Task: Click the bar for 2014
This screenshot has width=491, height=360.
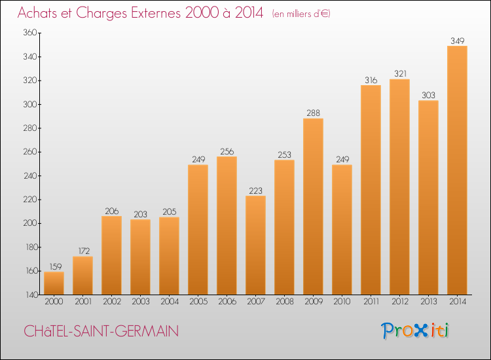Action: (457, 170)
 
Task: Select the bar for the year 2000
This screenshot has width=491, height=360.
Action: (54, 283)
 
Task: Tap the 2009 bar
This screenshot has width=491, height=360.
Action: (313, 206)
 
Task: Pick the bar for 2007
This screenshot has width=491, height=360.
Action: (255, 245)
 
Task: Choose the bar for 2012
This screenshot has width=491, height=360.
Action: (399, 187)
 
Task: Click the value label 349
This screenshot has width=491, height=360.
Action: (457, 41)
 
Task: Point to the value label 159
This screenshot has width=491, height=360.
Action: (54, 266)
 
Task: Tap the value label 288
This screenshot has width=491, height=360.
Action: (313, 113)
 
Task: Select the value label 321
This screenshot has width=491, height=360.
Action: (399, 74)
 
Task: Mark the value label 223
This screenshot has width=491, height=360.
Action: (255, 190)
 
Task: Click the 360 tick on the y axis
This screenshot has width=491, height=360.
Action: (28, 33)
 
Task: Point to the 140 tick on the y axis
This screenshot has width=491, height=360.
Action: (28, 295)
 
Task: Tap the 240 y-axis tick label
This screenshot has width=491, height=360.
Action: (28, 152)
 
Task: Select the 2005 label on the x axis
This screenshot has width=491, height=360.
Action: (198, 302)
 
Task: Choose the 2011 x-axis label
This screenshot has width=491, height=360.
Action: (371, 302)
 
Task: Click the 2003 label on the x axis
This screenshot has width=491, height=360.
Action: (140, 302)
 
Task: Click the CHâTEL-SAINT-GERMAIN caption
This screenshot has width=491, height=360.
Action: (101, 332)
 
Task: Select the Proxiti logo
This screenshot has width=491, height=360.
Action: (416, 331)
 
